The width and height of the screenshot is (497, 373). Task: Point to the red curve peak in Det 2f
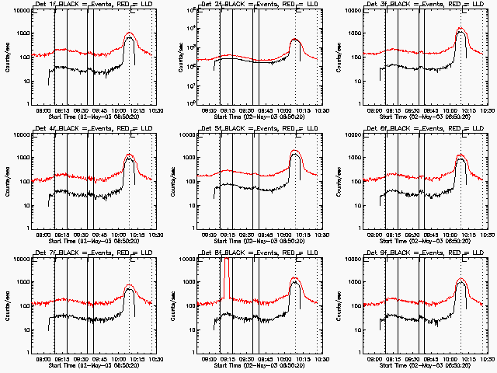[x=295, y=39]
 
